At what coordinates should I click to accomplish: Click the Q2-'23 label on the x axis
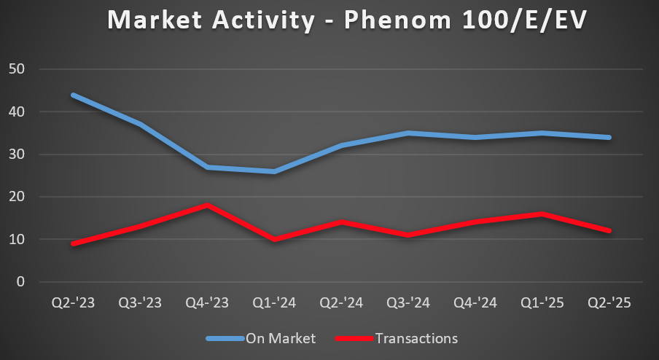point(73,302)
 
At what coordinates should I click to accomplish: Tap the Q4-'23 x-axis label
point(208,302)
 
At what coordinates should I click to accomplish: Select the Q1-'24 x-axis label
point(275,302)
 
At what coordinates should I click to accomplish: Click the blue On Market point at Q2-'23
point(73,95)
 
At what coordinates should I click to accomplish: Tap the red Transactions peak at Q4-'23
point(208,206)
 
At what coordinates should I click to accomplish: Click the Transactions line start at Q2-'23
point(73,243)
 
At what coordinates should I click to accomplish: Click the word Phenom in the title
point(387,20)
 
